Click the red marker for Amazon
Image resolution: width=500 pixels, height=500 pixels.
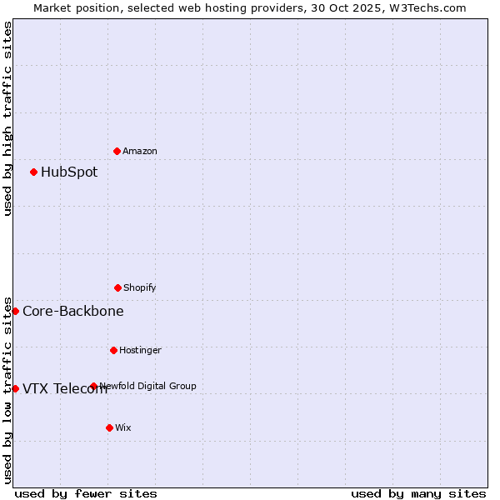pyautogui.click(x=117, y=151)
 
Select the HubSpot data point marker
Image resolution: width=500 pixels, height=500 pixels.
pyautogui.click(x=33, y=172)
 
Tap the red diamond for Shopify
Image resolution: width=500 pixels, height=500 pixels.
pyautogui.click(x=117, y=287)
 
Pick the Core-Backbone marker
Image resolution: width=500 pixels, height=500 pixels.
pyautogui.click(x=15, y=311)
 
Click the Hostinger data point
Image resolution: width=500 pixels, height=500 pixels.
pyautogui.click(x=113, y=350)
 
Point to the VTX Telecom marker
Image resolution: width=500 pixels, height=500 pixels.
pyautogui.click(x=15, y=388)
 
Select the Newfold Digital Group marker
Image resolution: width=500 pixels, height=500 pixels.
pyautogui.click(x=93, y=386)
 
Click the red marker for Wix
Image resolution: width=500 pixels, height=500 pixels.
pyautogui.click(x=109, y=427)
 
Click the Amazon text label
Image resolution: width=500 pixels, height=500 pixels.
pyautogui.click(x=140, y=151)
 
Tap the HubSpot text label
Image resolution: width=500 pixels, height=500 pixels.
pyautogui.click(x=69, y=172)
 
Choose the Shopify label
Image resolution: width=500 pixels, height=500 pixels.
pyautogui.click(x=140, y=287)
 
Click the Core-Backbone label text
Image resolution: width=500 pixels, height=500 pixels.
pyautogui.click(x=73, y=312)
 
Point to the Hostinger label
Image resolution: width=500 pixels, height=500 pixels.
pyautogui.click(x=140, y=350)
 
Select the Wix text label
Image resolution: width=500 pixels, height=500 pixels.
pyautogui.click(x=123, y=427)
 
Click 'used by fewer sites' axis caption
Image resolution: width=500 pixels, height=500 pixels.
pyautogui.click(x=86, y=493)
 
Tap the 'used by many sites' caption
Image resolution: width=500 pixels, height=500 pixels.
pyautogui.click(x=418, y=493)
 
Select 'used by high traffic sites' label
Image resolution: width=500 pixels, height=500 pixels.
pyautogui.click(x=7, y=118)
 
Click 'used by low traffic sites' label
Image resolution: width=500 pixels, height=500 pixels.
pyautogui.click(x=7, y=389)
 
